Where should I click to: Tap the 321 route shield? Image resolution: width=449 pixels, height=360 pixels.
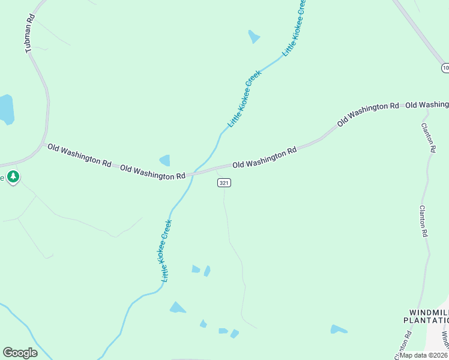224,182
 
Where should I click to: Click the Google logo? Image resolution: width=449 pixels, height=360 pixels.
20,353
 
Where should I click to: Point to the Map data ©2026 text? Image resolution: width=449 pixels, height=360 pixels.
424,355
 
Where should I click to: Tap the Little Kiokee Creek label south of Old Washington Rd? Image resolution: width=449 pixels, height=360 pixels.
167,251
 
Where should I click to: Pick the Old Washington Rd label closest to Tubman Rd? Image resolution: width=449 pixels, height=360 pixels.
79,155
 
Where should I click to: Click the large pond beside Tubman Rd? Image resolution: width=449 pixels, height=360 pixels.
5,109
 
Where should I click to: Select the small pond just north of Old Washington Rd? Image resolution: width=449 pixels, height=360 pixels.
164,160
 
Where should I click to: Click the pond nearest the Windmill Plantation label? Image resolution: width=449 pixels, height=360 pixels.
338,329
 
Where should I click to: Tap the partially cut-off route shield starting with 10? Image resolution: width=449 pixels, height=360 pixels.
444,68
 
